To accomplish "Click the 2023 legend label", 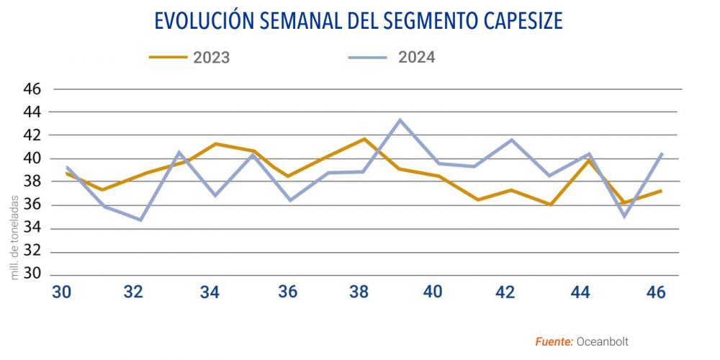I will click(x=212, y=58).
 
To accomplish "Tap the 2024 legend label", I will click(x=417, y=57).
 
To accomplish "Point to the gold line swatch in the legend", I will click(x=168, y=57).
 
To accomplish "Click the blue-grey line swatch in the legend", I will click(x=367, y=57).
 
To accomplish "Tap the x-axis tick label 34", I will click(x=210, y=293).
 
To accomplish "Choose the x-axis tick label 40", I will click(x=432, y=293).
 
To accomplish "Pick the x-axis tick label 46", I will click(x=655, y=293).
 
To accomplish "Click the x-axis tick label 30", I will click(x=61, y=293).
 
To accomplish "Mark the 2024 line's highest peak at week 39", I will click(x=400, y=120).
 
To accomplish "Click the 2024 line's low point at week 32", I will click(x=140, y=220).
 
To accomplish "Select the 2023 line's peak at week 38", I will click(x=364, y=138).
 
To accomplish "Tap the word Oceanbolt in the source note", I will click(x=603, y=342).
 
